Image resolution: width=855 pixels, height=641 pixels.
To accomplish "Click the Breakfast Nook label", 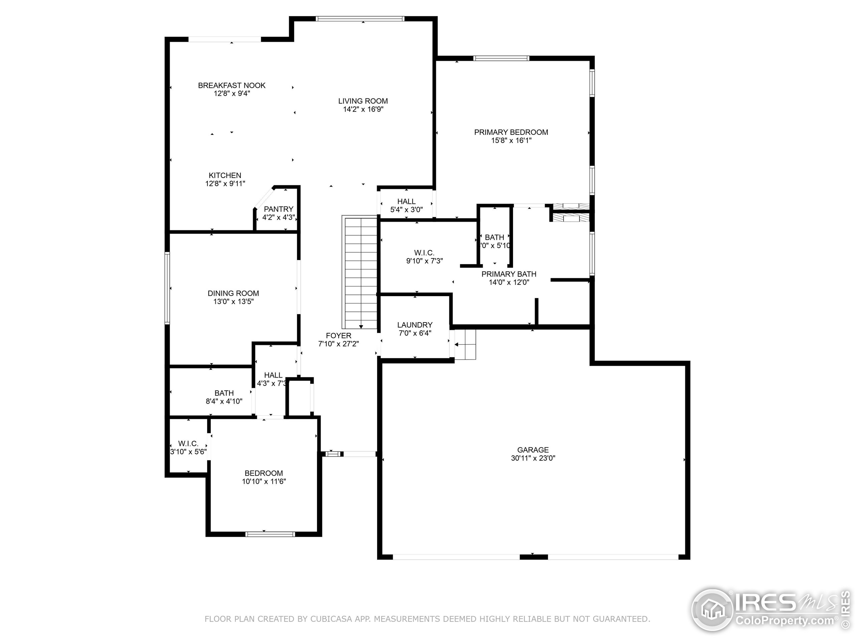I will (x=231, y=85).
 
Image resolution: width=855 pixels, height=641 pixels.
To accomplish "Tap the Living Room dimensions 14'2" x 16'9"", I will (x=363, y=110).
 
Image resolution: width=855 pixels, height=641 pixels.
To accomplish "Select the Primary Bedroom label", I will (x=511, y=132).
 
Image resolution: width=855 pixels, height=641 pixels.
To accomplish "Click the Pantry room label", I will (x=278, y=209).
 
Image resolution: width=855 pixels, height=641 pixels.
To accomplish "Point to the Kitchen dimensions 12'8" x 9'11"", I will (x=225, y=184).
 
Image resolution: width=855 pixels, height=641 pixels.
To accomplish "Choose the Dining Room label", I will (x=233, y=293).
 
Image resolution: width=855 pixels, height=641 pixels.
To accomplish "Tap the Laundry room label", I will (x=414, y=325).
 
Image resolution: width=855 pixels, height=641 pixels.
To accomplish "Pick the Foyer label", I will (x=338, y=336).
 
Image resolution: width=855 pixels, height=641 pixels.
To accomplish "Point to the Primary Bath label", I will (x=509, y=274).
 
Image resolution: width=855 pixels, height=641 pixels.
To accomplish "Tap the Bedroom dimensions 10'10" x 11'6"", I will (x=264, y=481).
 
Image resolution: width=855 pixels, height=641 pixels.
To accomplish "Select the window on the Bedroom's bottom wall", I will (x=270, y=535).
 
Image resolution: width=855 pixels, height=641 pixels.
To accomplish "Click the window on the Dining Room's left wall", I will (x=167, y=288).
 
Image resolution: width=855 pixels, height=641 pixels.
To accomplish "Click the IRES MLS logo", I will (x=769, y=611).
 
